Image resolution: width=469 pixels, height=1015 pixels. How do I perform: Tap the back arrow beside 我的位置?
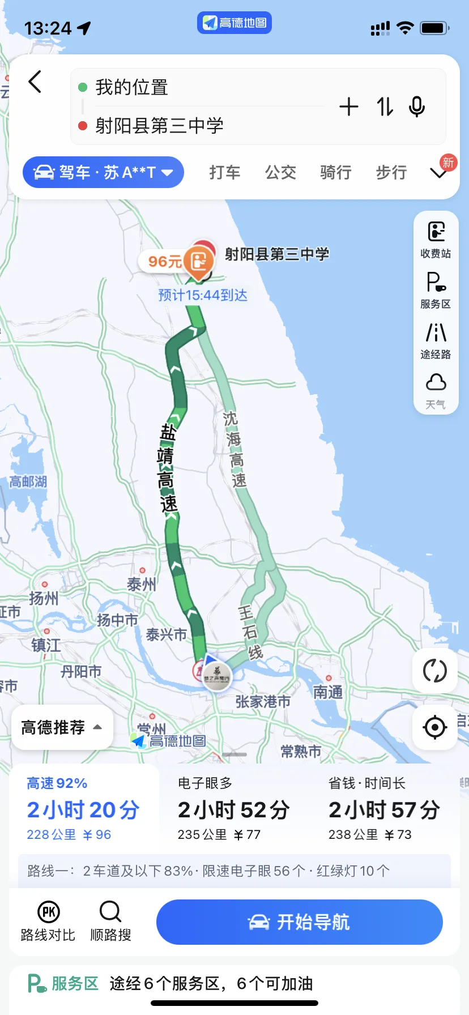(35, 82)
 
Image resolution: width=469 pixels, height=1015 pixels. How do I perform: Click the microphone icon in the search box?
(417, 106)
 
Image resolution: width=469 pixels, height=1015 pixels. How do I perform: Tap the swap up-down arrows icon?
(385, 106)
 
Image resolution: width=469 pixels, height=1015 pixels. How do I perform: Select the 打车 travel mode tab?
(225, 172)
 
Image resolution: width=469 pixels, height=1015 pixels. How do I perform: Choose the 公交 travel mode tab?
(280, 172)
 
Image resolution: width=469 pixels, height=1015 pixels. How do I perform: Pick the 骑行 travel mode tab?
(336, 172)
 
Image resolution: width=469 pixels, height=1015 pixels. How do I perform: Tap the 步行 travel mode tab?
(391, 172)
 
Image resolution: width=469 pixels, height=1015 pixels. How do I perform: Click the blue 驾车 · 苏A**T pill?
(103, 172)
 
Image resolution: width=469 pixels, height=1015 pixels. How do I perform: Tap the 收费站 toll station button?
(436, 240)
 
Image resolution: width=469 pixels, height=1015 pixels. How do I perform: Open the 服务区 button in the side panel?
(436, 290)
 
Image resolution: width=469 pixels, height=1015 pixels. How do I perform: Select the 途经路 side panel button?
(436, 340)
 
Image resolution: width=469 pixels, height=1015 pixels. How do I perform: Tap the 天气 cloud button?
(436, 390)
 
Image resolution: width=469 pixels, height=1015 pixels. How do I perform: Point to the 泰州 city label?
(141, 583)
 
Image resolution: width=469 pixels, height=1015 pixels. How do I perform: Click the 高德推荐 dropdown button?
(62, 727)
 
